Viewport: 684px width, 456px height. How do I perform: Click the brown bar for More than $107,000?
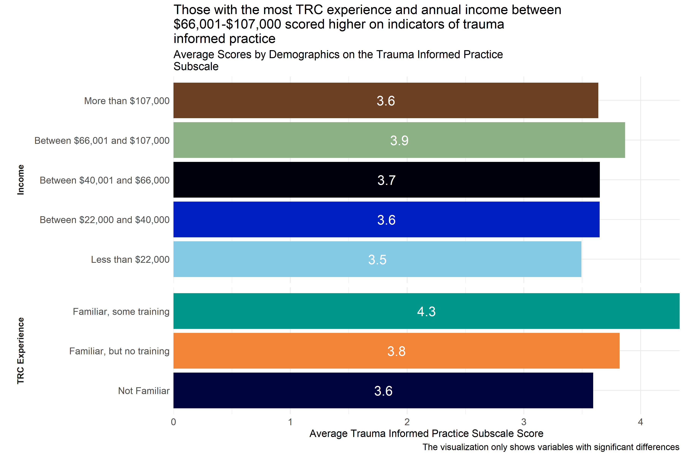[x=291, y=100]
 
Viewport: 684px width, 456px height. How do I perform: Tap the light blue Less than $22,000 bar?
[x=291, y=259]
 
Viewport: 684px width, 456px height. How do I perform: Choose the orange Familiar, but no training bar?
[x=291, y=351]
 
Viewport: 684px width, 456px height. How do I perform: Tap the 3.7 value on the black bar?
[x=386, y=180]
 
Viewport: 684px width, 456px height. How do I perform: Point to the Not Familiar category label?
[x=144, y=391]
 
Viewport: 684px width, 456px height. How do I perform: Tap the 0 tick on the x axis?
[x=174, y=422]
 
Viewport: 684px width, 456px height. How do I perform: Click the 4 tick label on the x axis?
[x=640, y=422]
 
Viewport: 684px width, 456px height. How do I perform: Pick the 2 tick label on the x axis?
[x=407, y=422]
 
